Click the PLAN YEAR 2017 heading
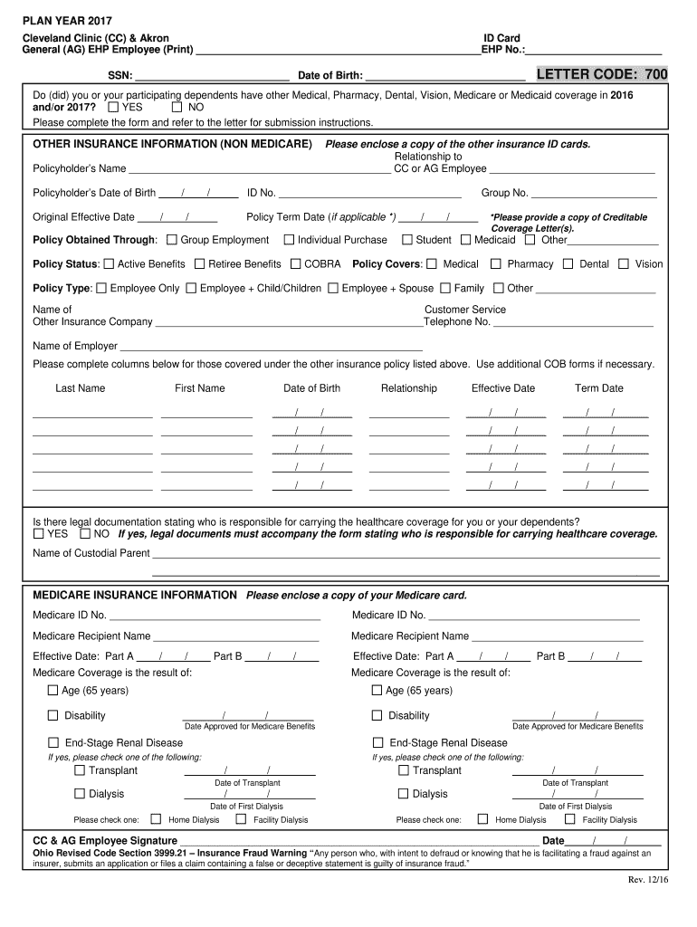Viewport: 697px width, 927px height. click(x=62, y=21)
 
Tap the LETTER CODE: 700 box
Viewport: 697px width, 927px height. click(x=601, y=74)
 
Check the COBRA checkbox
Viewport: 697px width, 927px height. click(x=296, y=264)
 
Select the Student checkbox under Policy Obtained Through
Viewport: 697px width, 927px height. click(x=407, y=240)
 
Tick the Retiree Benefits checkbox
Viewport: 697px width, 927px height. click(x=200, y=264)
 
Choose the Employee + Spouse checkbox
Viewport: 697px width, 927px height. click(x=333, y=289)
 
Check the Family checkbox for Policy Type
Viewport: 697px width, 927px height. click(x=445, y=289)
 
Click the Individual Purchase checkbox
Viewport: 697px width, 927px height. click(x=289, y=240)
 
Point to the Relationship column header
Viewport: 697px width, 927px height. click(x=408, y=388)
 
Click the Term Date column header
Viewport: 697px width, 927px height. click(x=598, y=388)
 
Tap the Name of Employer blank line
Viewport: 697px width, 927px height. click(x=271, y=348)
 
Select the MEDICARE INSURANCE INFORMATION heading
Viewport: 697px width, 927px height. click(x=135, y=596)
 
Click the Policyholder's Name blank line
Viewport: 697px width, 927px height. click(x=259, y=170)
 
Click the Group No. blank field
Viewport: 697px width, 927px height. click(x=594, y=195)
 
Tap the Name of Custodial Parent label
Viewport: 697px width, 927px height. click(x=91, y=553)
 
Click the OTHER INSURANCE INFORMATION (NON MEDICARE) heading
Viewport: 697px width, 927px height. click(x=172, y=144)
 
